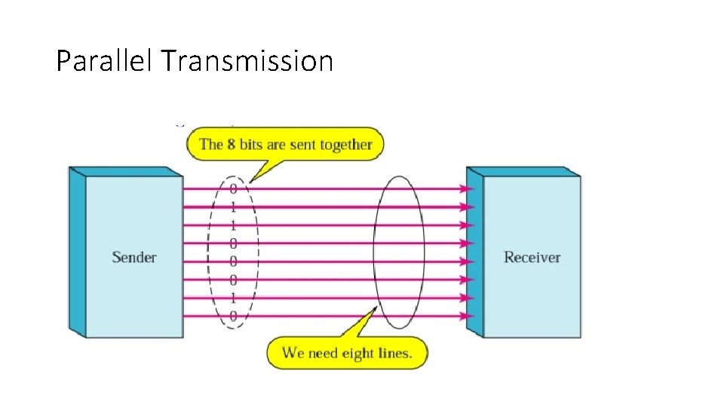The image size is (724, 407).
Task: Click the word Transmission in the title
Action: point(247,60)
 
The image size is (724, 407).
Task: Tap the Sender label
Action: point(134,257)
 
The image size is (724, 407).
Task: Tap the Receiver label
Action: point(532,257)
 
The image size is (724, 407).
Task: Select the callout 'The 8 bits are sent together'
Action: point(286,144)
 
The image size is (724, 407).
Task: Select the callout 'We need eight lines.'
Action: point(347,353)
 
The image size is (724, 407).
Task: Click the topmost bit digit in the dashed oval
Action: point(233,188)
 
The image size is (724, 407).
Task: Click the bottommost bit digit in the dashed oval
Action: point(233,317)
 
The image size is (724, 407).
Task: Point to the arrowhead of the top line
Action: point(470,188)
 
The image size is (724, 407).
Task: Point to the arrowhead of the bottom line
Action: point(470,317)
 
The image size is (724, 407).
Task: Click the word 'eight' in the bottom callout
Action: point(360,353)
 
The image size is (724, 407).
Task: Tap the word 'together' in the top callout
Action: point(346,144)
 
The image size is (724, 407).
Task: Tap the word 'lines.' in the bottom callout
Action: point(397,353)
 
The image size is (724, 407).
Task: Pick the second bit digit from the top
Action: point(233,207)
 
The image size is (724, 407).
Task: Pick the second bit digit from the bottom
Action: point(233,298)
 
